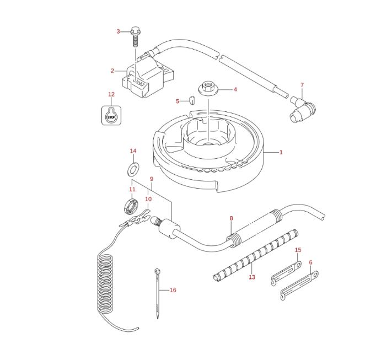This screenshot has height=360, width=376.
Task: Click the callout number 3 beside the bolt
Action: [117, 31]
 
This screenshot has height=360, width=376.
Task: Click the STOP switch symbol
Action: [111, 116]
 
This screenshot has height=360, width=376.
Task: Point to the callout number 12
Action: [111, 94]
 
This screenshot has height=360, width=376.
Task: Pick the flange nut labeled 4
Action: [208, 88]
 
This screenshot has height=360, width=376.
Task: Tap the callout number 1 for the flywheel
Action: [281, 152]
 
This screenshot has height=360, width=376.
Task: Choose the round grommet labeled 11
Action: [131, 206]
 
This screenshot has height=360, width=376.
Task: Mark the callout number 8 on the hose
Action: [232, 218]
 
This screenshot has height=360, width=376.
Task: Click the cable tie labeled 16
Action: [158, 292]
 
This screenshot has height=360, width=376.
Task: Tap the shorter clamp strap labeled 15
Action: [286, 273]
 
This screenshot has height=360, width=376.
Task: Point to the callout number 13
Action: [252, 277]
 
